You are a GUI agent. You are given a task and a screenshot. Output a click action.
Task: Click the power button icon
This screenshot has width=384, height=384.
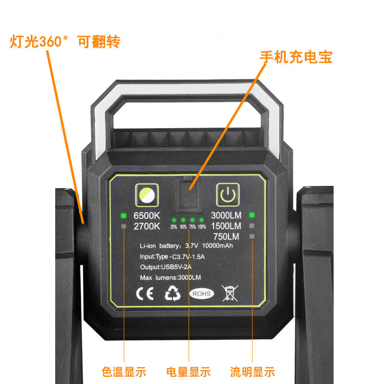tap(228, 195)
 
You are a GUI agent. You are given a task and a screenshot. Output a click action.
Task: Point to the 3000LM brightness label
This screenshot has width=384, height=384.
tap(226, 216)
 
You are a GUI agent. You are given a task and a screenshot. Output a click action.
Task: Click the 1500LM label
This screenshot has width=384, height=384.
tap(226, 226)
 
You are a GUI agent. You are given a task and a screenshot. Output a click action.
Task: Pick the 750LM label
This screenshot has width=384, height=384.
tap(226, 236)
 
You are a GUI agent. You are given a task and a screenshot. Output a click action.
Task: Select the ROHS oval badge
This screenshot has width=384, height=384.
tap(201, 293)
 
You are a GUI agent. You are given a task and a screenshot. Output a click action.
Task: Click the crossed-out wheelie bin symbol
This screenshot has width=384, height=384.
tap(230, 293)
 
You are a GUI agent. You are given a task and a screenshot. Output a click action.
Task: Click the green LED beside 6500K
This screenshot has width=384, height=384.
tap(123, 216)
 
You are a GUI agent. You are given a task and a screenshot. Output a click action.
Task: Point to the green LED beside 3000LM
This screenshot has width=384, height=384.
tap(252, 216)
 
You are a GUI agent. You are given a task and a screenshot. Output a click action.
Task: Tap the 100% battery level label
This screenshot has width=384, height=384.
tap(202, 227)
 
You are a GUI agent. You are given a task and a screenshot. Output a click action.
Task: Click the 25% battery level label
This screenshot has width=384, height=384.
tap(174, 227)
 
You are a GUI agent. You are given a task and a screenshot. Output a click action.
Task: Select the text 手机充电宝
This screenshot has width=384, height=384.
tap(296, 57)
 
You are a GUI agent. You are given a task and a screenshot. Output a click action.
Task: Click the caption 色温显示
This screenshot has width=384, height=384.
tap(124, 372)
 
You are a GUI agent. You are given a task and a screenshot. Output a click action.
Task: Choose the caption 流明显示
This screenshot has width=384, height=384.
tap(252, 372)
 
